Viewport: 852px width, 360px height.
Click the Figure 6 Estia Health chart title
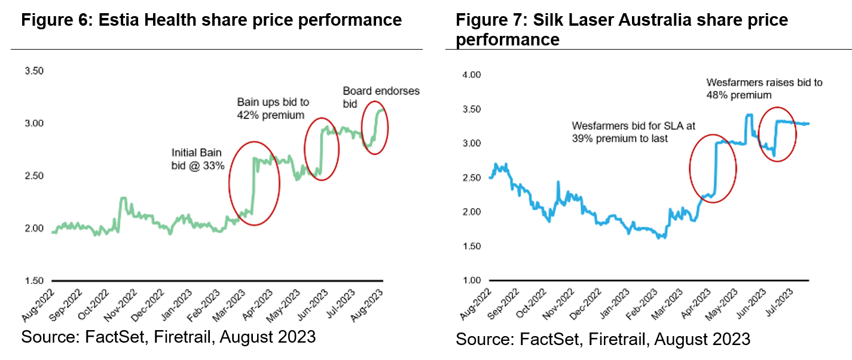coord(212,20)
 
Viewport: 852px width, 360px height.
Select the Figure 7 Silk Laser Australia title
coord(622,29)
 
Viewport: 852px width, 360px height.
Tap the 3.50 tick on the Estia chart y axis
coord(34,71)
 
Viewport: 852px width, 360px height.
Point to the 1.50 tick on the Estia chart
coord(34,281)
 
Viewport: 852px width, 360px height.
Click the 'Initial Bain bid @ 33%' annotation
coord(198,159)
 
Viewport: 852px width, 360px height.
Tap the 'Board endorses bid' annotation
coord(381,97)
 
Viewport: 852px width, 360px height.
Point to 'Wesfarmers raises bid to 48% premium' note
coord(764,89)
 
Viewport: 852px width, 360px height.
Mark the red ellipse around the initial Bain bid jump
coord(255,183)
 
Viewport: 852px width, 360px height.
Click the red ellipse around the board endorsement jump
coord(375,128)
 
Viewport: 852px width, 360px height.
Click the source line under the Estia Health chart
coord(168,337)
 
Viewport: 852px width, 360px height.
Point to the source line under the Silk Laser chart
coord(603,339)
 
